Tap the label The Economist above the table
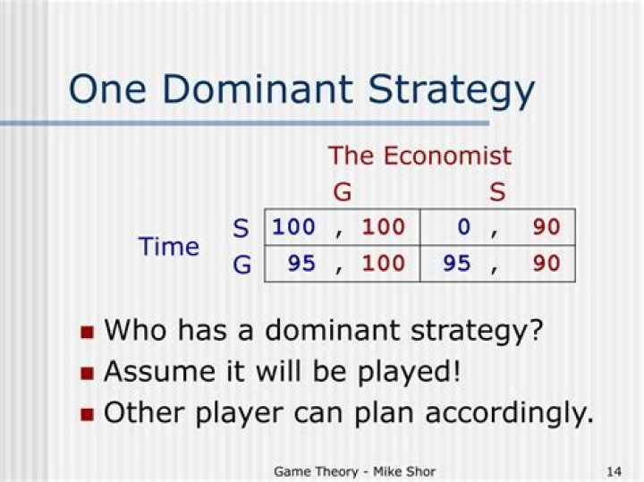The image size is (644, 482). click(x=419, y=156)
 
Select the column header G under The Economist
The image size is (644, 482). click(x=342, y=191)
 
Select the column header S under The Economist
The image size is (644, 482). click(x=497, y=191)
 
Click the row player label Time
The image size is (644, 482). click(x=169, y=246)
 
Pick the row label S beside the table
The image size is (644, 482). click(x=241, y=228)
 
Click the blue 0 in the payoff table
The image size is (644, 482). click(x=463, y=227)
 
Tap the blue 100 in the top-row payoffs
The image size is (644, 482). click(x=293, y=227)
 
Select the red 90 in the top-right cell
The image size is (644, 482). click(x=546, y=227)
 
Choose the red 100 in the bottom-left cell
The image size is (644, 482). click(x=383, y=264)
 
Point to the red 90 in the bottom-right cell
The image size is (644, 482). click(x=546, y=264)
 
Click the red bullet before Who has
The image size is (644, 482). click(x=87, y=332)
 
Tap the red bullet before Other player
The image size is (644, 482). click(x=87, y=414)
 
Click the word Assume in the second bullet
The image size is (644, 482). click(x=157, y=371)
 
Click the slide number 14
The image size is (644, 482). click(x=614, y=470)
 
